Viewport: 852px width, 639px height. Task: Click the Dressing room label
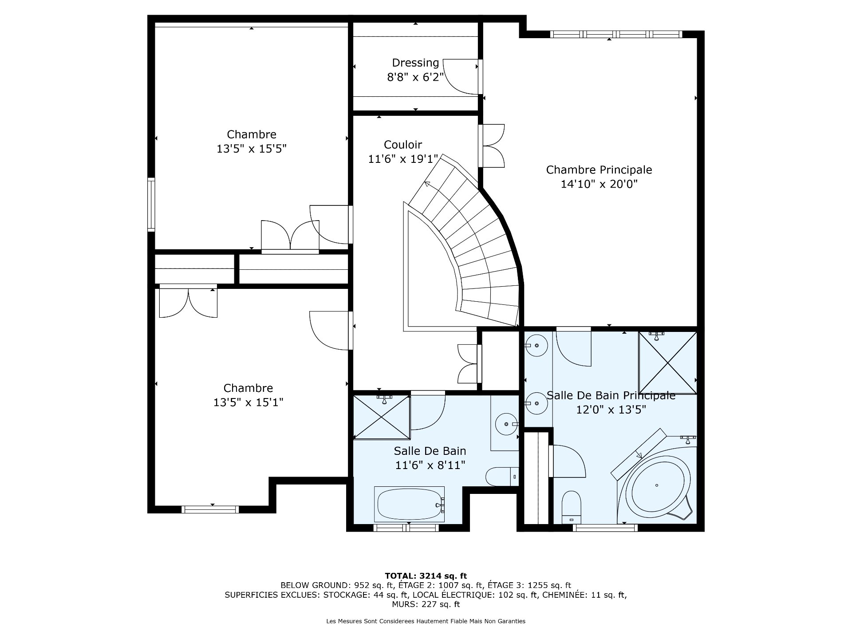click(415, 63)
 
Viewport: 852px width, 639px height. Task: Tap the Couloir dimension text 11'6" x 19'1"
click(403, 159)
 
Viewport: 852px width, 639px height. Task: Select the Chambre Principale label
click(599, 170)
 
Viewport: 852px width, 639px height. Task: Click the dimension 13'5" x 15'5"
click(251, 149)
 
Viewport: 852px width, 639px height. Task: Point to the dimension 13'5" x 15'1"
click(248, 402)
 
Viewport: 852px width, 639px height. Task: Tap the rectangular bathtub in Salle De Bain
click(410, 505)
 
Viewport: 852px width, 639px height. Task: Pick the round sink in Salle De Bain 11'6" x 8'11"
click(506, 424)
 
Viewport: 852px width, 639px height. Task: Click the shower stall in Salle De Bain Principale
click(667, 363)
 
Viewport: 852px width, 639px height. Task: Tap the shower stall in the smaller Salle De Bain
click(382, 417)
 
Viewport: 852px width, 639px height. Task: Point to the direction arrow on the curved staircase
click(428, 184)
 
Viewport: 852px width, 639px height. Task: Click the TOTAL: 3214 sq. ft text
click(426, 576)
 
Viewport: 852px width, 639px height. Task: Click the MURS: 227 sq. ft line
click(426, 604)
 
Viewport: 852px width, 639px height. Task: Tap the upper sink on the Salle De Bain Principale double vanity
click(536, 345)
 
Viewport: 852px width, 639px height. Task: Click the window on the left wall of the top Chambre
click(151, 205)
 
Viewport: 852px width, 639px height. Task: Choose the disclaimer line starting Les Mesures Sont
click(426, 621)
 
